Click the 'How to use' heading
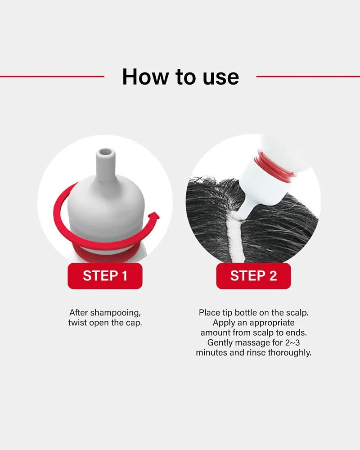point(180,77)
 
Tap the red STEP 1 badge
point(105,276)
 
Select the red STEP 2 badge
point(253,276)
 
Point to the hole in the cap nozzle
point(105,152)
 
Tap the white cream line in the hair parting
point(236,238)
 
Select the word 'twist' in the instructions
point(77,323)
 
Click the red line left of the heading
point(52,76)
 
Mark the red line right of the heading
point(308,76)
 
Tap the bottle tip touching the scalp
point(240,214)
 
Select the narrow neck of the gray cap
point(105,166)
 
